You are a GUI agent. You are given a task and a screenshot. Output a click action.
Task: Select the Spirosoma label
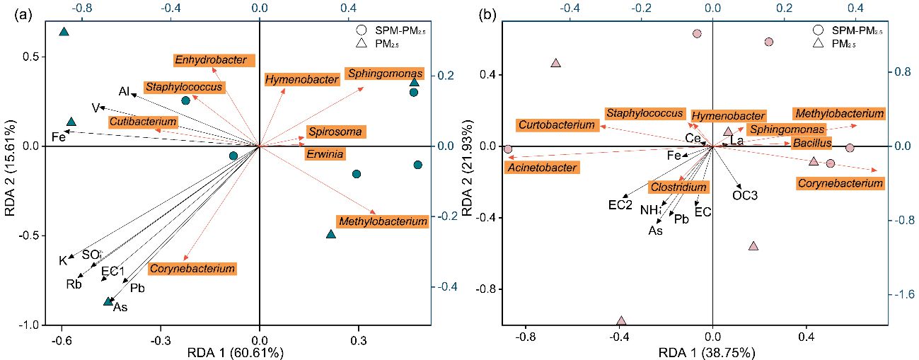click(x=335, y=132)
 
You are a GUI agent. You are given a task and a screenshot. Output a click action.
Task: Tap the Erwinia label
click(x=326, y=153)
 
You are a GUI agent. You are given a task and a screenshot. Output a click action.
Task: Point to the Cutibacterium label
click(x=142, y=122)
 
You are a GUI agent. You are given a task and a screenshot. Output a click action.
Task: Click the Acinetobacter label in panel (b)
click(x=541, y=168)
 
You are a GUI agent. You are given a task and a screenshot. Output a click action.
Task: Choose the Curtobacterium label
click(x=556, y=124)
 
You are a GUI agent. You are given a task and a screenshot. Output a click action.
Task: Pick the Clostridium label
click(x=678, y=187)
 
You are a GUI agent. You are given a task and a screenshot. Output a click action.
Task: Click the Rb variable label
click(x=74, y=285)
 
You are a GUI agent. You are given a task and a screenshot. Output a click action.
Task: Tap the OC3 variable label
click(x=745, y=194)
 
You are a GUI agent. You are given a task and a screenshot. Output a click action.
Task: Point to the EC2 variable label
click(x=620, y=205)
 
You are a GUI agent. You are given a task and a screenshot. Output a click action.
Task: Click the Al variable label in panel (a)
click(x=125, y=92)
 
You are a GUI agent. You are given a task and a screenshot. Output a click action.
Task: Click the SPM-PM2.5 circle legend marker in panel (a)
click(x=361, y=30)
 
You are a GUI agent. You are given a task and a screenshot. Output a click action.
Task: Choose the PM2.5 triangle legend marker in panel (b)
click(x=819, y=44)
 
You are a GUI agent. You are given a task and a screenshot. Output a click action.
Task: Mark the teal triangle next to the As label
click(x=108, y=301)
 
